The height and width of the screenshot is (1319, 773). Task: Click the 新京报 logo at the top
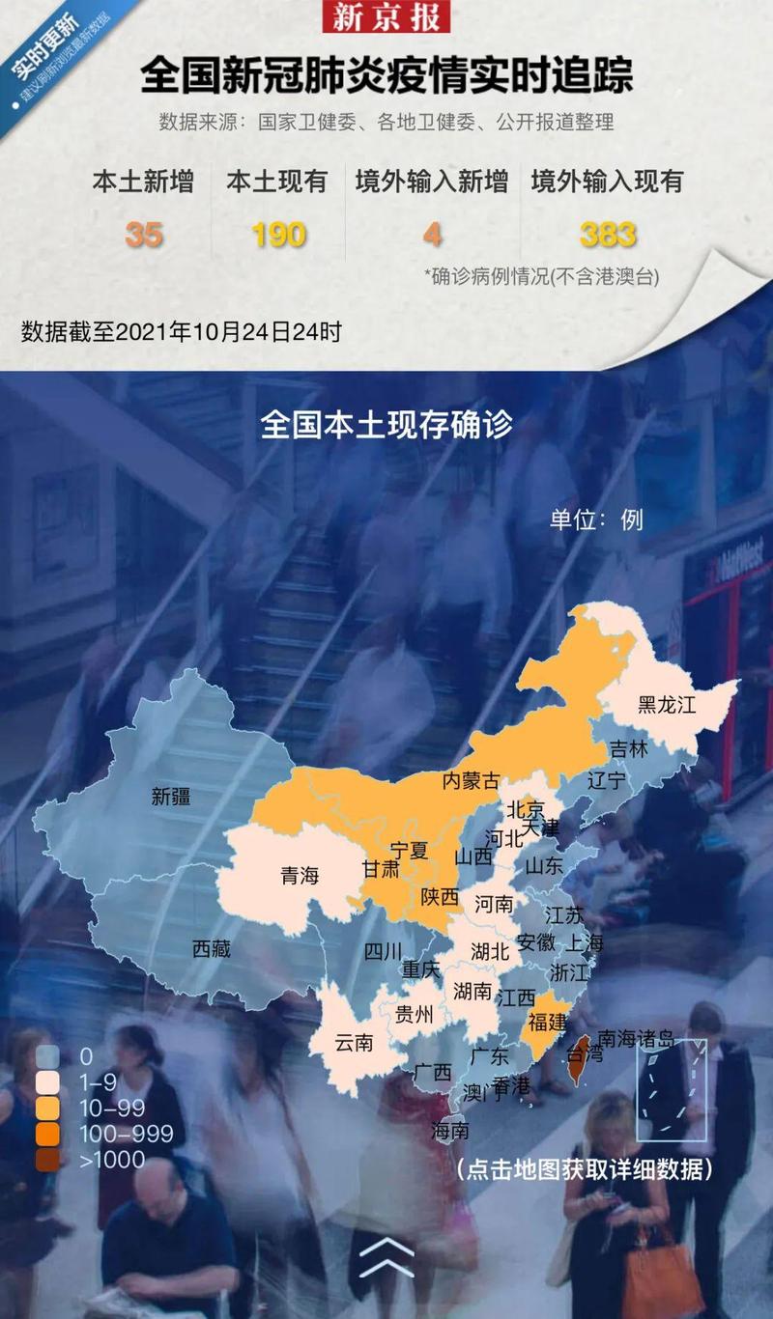tap(386, 16)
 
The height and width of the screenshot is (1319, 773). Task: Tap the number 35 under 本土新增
tap(143, 235)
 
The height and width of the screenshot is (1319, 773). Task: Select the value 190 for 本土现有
tap(278, 235)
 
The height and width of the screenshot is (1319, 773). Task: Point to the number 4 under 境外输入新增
tap(432, 235)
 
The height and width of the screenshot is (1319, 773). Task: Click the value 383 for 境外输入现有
tap(608, 235)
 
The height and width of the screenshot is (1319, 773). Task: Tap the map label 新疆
tap(171, 797)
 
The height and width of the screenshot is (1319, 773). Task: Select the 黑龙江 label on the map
tap(667, 704)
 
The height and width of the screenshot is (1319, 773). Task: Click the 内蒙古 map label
tap(472, 780)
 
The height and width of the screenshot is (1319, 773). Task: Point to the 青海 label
tap(300, 876)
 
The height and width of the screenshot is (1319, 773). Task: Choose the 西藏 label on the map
tap(212, 948)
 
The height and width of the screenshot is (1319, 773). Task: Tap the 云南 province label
tap(354, 1043)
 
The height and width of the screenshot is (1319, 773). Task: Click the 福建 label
tap(548, 1022)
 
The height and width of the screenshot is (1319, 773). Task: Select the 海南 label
tap(450, 1130)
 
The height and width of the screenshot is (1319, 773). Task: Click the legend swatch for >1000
tap(47, 1160)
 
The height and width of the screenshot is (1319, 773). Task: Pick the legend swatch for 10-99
tap(47, 1108)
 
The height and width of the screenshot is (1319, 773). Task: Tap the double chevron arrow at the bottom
tap(386, 1256)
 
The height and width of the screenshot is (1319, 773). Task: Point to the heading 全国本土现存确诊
tap(386, 425)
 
